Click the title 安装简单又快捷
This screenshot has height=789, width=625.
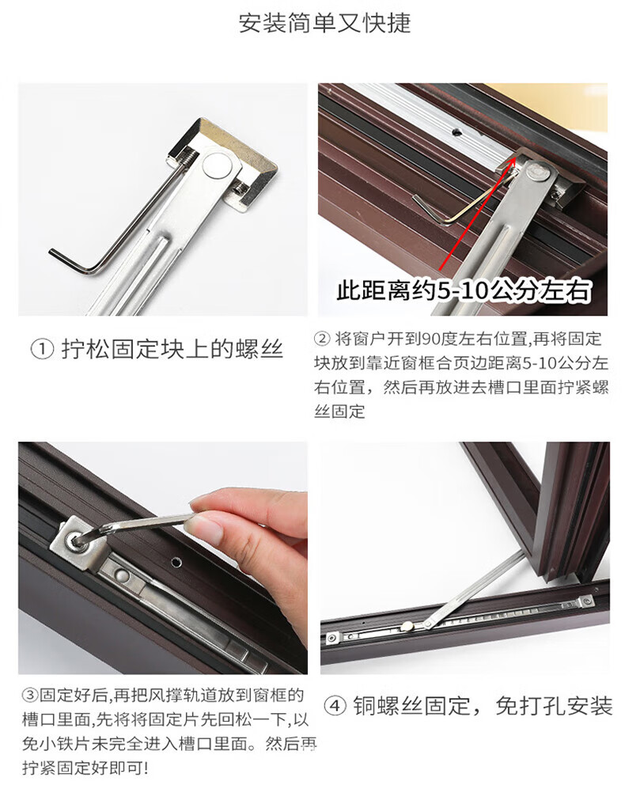coord(324,24)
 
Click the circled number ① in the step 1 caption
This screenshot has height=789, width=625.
coord(42,349)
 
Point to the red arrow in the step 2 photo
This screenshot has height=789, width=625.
coord(477,214)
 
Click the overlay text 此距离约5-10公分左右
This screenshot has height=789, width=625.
coord(464,290)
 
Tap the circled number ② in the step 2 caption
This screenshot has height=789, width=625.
coord(321,339)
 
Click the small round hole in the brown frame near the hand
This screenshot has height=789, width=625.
coord(176,561)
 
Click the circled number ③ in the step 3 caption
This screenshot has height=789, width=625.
coord(30,696)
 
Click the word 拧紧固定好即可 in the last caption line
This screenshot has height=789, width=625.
coord(82,768)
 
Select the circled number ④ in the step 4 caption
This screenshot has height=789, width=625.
coord(335,706)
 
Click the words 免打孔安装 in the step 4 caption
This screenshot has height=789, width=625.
coord(554,706)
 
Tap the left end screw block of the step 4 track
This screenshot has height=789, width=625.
coord(331,638)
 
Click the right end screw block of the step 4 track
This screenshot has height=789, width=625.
coord(585,601)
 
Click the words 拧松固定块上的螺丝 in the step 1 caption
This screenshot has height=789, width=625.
coord(172,349)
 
